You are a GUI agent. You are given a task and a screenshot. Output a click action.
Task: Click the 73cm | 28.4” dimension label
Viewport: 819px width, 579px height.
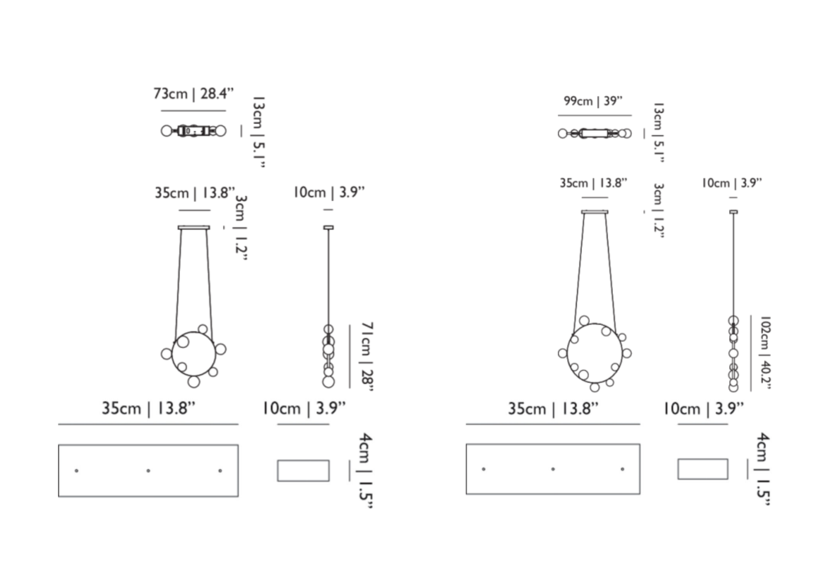[193, 94]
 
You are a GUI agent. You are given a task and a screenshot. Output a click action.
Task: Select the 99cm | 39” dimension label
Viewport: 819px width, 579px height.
[593, 101]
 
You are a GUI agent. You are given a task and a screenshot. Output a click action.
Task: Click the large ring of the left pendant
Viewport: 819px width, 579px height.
[172, 353]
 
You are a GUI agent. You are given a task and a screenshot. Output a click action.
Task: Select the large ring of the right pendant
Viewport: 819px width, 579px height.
[568, 353]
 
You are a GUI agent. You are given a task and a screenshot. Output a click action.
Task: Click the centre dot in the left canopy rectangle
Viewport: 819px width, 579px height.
[148, 471]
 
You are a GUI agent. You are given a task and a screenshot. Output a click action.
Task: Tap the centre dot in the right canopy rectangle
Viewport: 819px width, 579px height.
[553, 469]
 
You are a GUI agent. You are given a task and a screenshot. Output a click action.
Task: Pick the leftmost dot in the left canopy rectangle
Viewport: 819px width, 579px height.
[76, 471]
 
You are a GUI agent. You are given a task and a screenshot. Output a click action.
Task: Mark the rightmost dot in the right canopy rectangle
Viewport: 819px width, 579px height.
[622, 469]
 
